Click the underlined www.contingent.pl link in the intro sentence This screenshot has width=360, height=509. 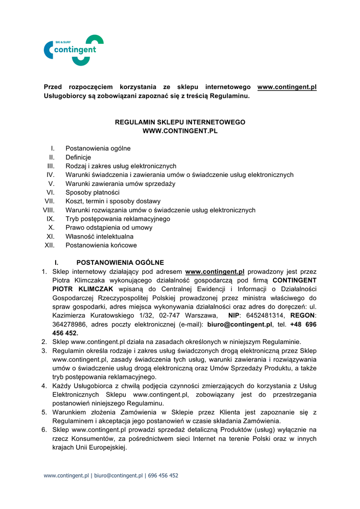pos(287,87)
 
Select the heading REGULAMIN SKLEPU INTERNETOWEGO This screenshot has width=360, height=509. pos(180,122)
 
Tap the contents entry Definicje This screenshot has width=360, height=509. pos(78,158)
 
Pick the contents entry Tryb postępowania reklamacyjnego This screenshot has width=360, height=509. pos(118,219)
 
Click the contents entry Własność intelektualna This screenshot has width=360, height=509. pos(99,237)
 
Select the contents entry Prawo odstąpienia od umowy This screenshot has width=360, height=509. pos(109,228)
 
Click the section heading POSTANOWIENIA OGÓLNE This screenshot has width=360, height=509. pos(120,262)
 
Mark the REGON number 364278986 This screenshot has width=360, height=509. pos(70,325)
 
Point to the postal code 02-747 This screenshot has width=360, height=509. pos(170,316)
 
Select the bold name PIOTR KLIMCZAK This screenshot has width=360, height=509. pos(83,289)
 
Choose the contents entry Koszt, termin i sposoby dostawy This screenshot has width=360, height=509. pos(113,201)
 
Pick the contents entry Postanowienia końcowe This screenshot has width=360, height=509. pos(101,246)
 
